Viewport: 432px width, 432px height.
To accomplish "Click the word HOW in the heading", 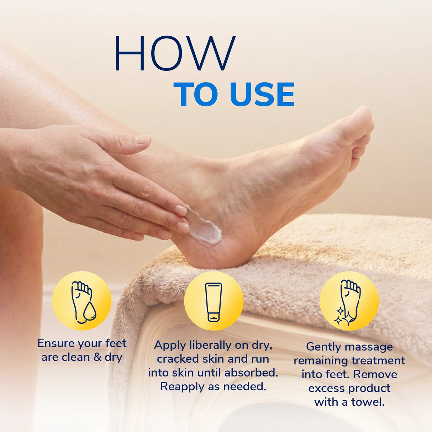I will click(x=174, y=53).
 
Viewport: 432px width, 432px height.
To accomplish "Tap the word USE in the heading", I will click(x=262, y=94).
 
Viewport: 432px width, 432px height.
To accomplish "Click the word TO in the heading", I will click(x=198, y=94).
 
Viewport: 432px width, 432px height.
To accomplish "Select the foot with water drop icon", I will click(x=82, y=301).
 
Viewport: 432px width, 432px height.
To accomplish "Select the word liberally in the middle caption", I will click(x=210, y=345).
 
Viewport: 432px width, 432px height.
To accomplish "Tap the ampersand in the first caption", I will click(x=98, y=357).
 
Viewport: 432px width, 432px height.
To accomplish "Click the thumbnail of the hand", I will click(x=143, y=139).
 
